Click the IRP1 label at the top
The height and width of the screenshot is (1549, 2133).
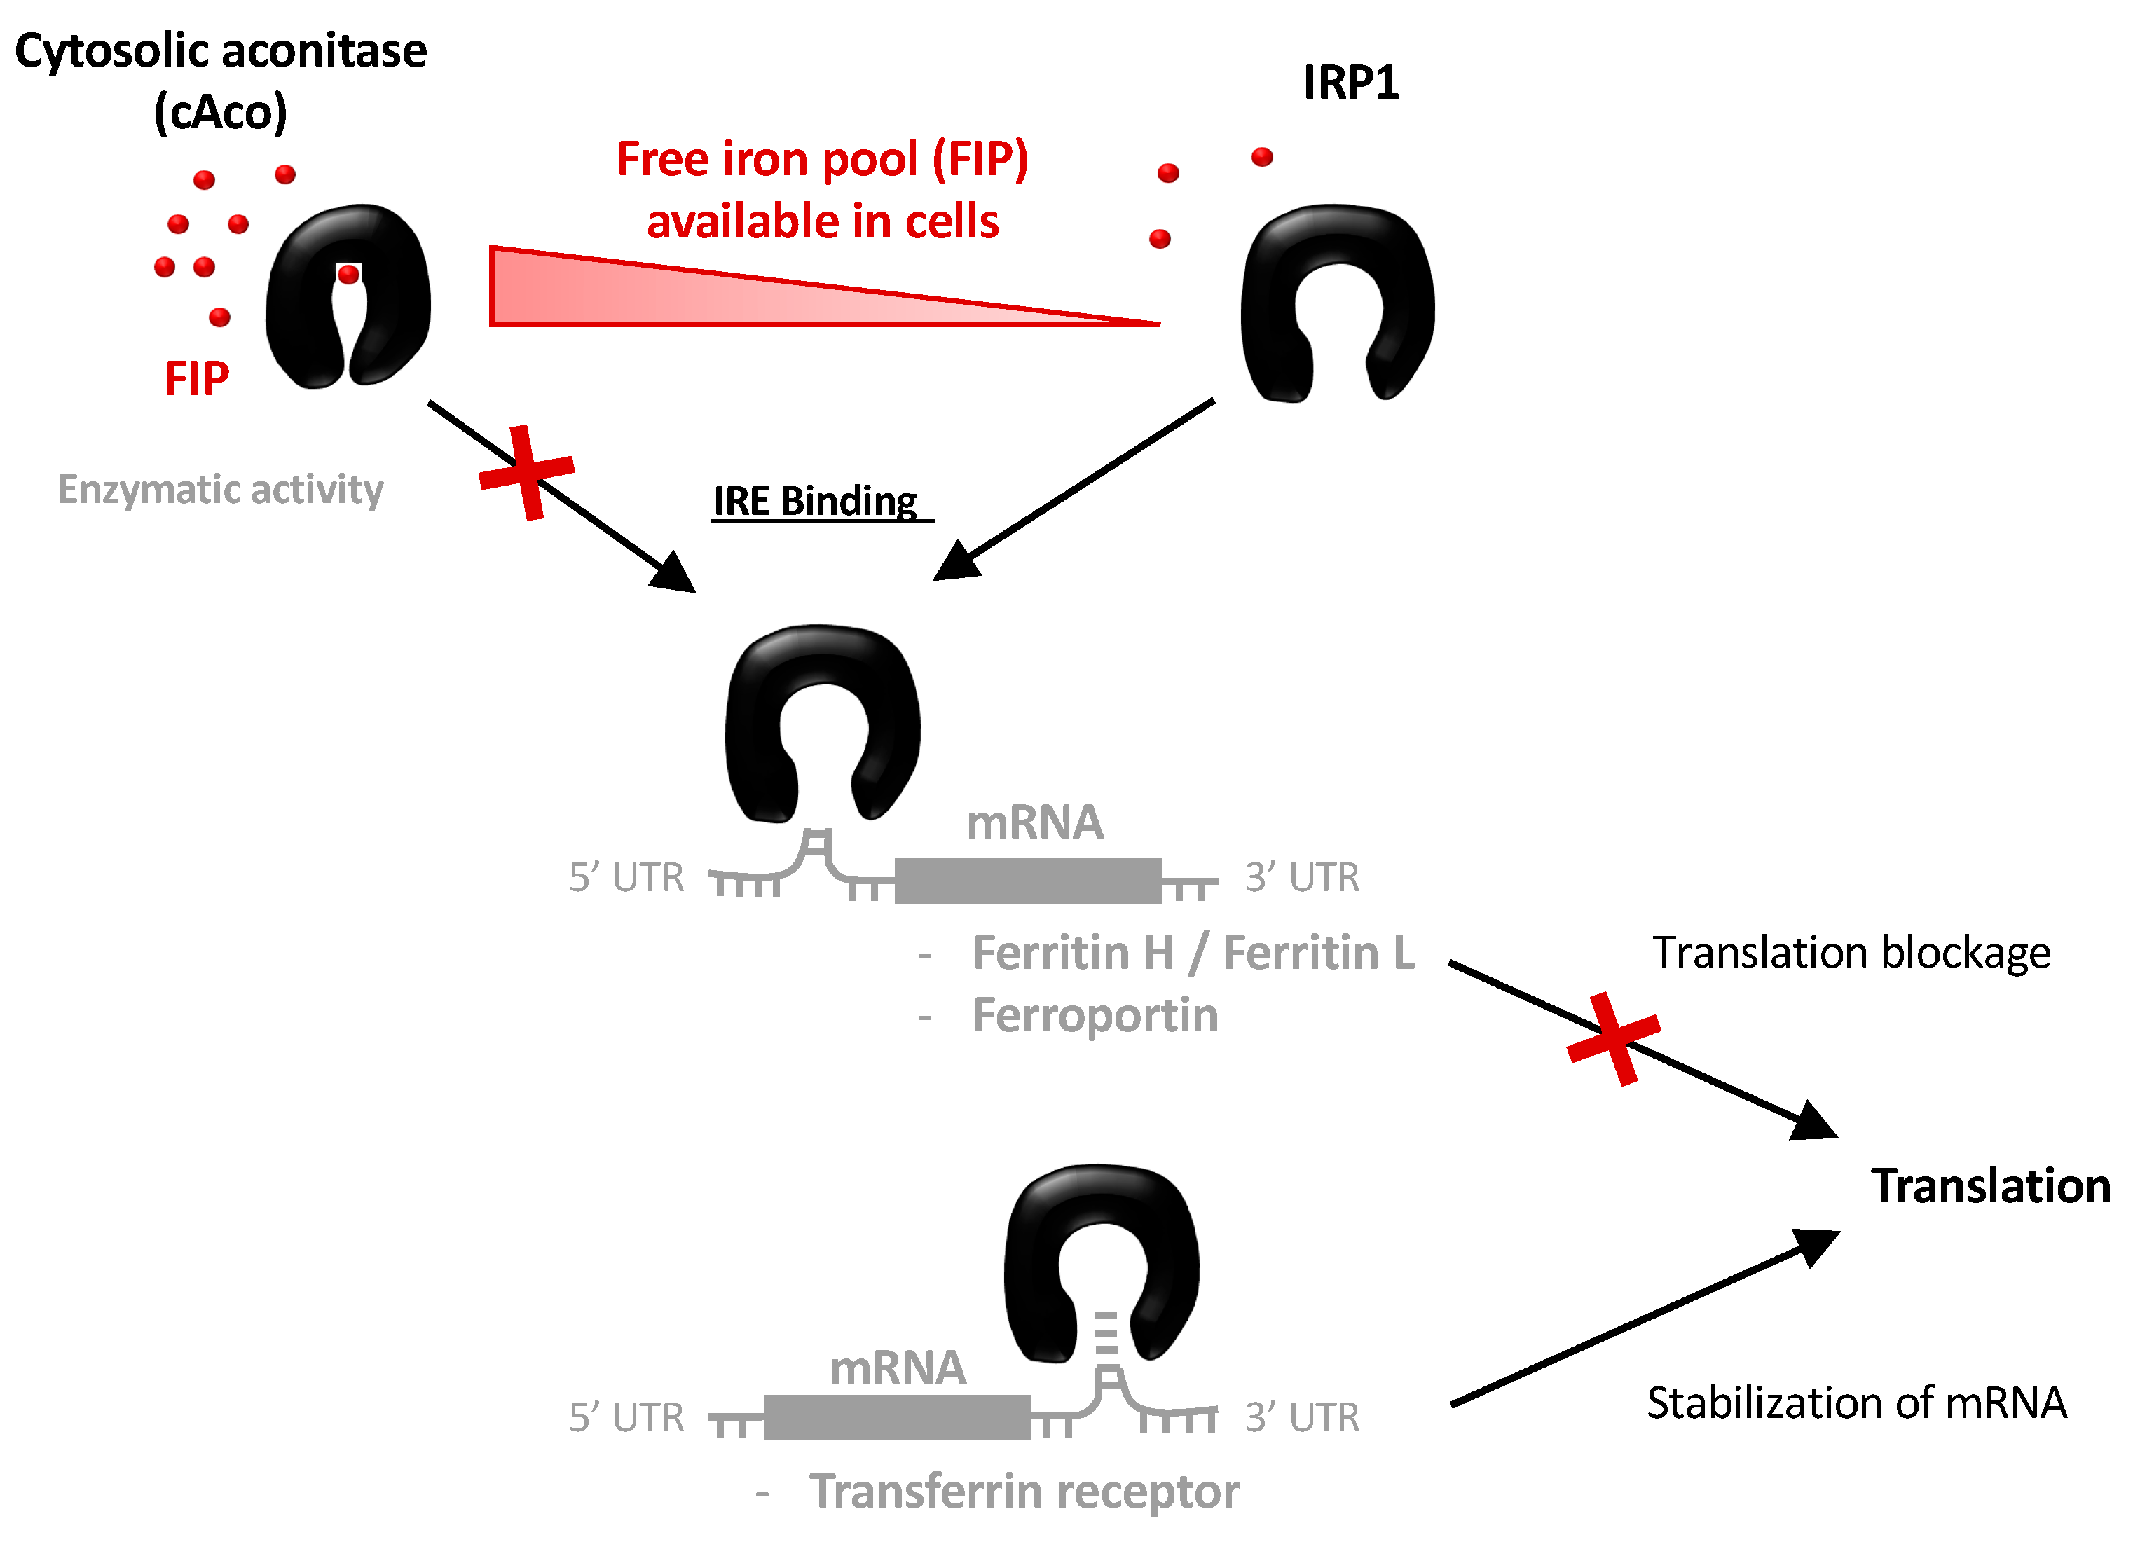pos(1350,83)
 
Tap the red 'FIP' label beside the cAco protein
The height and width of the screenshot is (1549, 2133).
pos(197,379)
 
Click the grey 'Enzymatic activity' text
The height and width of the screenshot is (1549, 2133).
pos(220,490)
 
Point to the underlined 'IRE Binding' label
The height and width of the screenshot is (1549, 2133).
pos(814,502)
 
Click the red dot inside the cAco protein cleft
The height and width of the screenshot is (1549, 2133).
pos(348,275)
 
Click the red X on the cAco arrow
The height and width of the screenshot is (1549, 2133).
pos(527,472)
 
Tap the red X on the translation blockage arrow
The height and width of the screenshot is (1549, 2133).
pos(1614,1038)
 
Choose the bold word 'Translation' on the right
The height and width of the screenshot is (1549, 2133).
pos(1990,1186)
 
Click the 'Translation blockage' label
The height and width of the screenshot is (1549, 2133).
pos(1851,953)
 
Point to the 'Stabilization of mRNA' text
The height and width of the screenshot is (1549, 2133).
pos(1856,1403)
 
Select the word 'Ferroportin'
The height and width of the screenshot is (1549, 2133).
pos(1095,1016)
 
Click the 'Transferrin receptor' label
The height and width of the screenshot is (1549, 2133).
pos(1024,1492)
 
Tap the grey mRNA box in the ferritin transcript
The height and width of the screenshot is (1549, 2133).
pos(1027,881)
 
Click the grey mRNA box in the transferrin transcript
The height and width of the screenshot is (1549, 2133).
pos(897,1417)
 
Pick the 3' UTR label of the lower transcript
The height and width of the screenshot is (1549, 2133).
pos(1302,1417)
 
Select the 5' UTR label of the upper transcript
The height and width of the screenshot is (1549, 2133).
pos(626,877)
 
